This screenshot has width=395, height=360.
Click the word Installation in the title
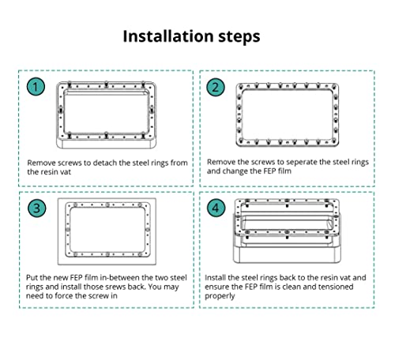point(168,36)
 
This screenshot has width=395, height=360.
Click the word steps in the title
point(239,37)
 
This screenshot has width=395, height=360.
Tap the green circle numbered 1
point(36,87)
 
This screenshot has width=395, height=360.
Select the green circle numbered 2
point(216,88)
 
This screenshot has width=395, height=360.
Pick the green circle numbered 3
point(37,208)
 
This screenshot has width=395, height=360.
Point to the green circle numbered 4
point(216,208)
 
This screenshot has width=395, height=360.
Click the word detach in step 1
point(105,163)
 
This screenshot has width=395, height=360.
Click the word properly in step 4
point(220,296)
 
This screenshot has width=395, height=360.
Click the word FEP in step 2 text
point(262,171)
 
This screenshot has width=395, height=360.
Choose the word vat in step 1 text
point(66,172)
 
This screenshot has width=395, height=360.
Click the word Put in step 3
point(32,278)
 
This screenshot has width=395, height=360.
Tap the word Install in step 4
point(215,278)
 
